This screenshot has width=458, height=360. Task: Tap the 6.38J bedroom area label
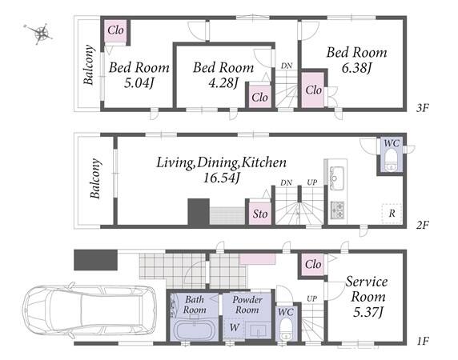point(356,68)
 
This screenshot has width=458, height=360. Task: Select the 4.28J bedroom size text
point(223,83)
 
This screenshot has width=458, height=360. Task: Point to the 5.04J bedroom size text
point(139,83)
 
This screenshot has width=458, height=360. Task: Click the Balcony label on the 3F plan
point(89,65)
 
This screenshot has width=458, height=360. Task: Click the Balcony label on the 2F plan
point(95,178)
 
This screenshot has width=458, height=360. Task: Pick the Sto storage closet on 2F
point(260,214)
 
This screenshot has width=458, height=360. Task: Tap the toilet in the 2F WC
point(391,160)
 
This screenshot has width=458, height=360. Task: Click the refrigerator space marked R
point(392,214)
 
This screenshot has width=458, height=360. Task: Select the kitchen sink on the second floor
point(337,178)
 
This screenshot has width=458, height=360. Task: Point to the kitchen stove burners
point(338,210)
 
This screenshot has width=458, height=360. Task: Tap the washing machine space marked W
point(235,328)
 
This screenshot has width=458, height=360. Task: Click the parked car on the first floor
point(90,310)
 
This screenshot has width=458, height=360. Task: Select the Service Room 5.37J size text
point(368,313)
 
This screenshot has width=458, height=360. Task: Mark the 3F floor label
point(422,108)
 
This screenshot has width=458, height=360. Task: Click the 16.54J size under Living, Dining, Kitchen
point(221,178)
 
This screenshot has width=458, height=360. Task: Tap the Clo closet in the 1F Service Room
point(313,264)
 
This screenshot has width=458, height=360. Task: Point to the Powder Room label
point(247,305)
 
